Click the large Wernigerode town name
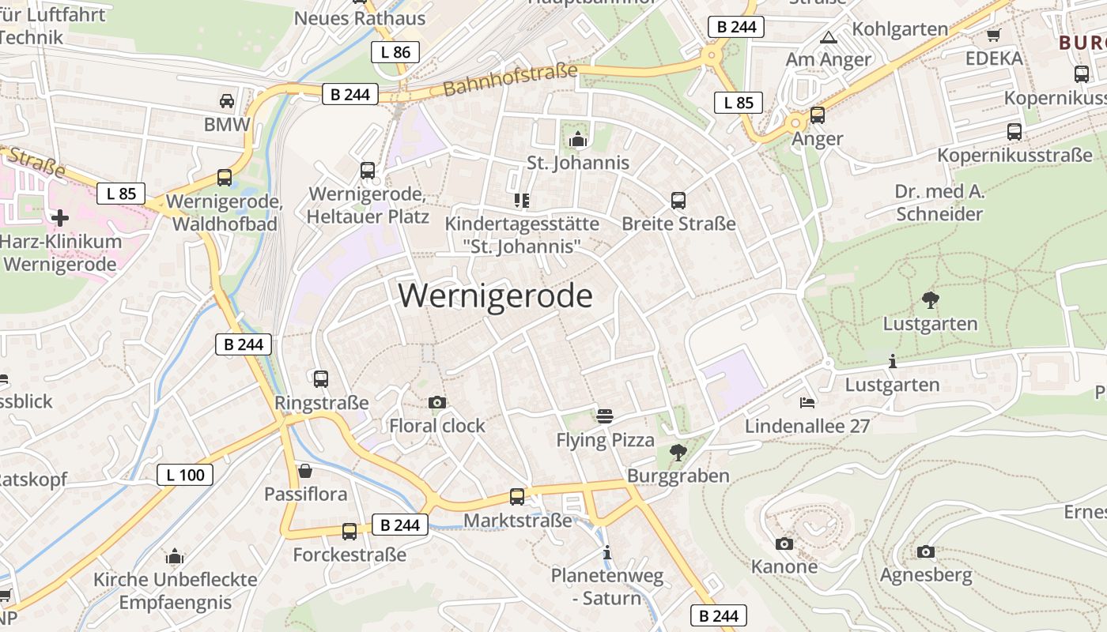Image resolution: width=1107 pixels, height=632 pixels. click(x=495, y=296)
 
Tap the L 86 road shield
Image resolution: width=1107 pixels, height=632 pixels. click(x=395, y=52)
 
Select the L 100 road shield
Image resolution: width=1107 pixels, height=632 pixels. click(x=185, y=475)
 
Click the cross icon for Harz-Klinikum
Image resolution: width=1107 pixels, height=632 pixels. click(x=60, y=217)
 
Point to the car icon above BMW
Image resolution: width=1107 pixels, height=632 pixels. click(x=227, y=101)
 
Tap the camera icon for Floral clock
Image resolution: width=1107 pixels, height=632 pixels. click(x=436, y=403)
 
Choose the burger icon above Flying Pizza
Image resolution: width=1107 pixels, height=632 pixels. click(x=605, y=416)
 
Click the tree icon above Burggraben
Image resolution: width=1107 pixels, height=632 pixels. click(x=678, y=453)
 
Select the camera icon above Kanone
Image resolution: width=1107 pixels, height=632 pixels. click(x=784, y=544)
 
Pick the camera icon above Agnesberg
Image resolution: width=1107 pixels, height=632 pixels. click(x=925, y=551)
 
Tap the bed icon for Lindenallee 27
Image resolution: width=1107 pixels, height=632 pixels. click(x=807, y=403)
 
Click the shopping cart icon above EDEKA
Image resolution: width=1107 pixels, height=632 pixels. click(x=994, y=35)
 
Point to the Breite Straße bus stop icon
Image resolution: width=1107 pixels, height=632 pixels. click(x=678, y=201)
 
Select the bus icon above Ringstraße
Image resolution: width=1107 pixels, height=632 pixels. click(x=320, y=379)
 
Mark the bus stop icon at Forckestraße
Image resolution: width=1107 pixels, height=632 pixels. click(x=349, y=532)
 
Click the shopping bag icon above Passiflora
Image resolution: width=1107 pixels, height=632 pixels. click(x=305, y=472)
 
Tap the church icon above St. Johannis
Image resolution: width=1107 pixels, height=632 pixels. click(x=578, y=140)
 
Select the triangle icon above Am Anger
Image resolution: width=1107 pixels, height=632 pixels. click(x=828, y=37)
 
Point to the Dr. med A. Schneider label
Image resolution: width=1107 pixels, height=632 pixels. click(x=939, y=202)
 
